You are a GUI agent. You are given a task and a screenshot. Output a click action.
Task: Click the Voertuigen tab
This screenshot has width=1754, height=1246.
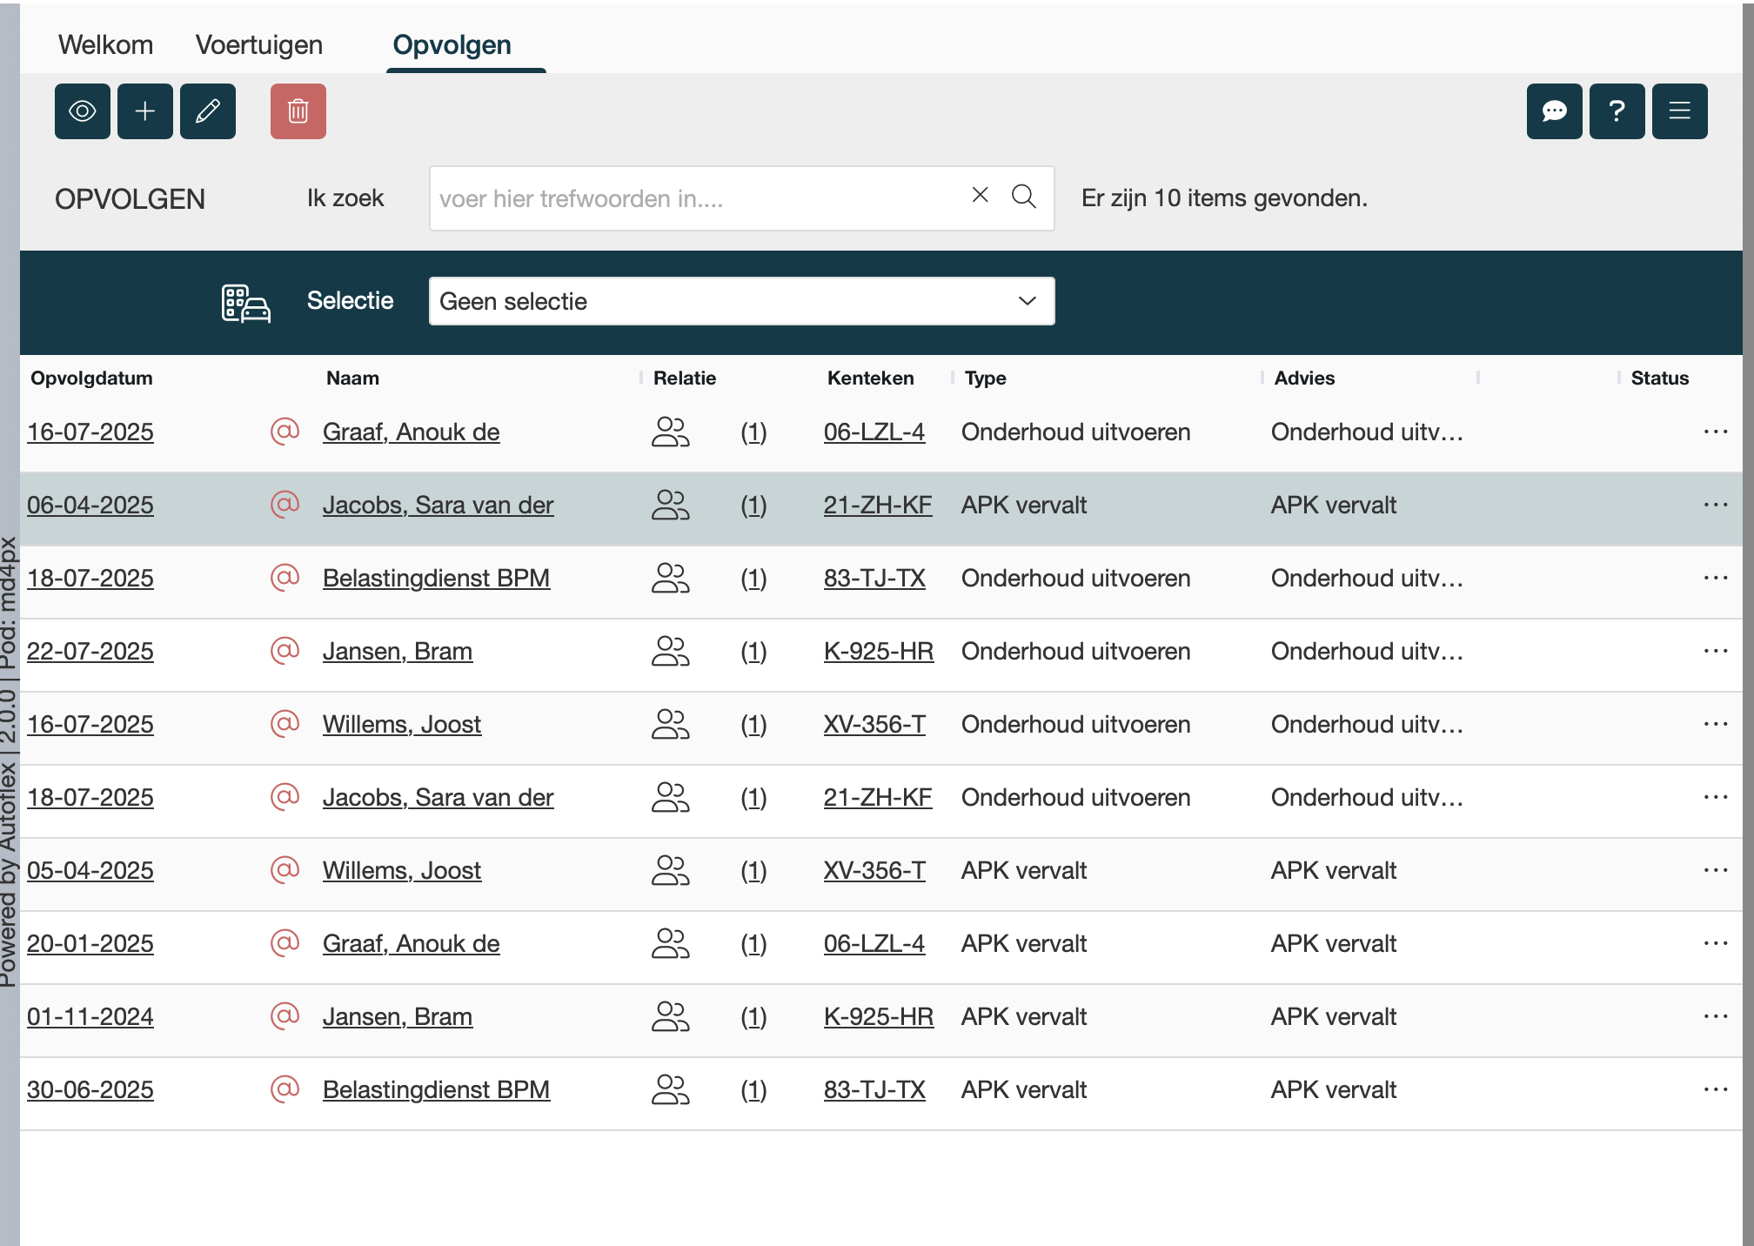pyautogui.click(x=258, y=44)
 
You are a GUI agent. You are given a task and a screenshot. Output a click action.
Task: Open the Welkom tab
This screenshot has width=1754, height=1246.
pyautogui.click(x=105, y=44)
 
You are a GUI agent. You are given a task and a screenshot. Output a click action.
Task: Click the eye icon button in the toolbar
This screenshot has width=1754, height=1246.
pyautogui.click(x=83, y=111)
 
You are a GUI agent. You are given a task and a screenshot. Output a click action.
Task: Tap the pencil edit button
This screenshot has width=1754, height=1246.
pyautogui.click(x=208, y=111)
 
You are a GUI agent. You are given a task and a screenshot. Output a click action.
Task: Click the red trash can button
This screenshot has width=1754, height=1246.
pyautogui.click(x=298, y=111)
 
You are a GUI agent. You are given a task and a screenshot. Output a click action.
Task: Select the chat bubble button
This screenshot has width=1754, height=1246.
pyautogui.click(x=1554, y=111)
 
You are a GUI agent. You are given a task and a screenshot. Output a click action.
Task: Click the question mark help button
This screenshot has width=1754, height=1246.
pyautogui.click(x=1617, y=111)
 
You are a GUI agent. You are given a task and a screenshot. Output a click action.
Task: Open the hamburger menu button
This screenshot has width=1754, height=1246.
pyautogui.click(x=1679, y=111)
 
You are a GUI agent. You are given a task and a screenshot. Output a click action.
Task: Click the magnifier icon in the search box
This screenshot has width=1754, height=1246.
pyautogui.click(x=1024, y=197)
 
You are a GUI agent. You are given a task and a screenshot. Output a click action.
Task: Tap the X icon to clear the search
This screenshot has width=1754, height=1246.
pyautogui.click(x=980, y=195)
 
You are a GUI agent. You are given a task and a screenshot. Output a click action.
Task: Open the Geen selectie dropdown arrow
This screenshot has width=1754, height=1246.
pyautogui.click(x=1027, y=301)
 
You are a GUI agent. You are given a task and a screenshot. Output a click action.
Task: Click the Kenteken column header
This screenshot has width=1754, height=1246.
pyautogui.click(x=870, y=378)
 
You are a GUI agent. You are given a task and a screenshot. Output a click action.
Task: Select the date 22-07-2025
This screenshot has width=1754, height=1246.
pyautogui.click(x=90, y=651)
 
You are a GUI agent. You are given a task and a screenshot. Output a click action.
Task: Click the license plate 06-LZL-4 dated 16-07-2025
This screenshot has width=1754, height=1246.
pyautogui.click(x=874, y=432)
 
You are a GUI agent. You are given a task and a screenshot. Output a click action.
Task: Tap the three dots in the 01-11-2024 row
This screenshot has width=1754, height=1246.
pyautogui.click(x=1715, y=1016)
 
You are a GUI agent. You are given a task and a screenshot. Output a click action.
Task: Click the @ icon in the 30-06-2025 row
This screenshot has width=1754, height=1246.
pyautogui.click(x=285, y=1089)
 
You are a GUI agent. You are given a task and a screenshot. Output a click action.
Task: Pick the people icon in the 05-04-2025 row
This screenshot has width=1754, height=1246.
pyautogui.click(x=670, y=870)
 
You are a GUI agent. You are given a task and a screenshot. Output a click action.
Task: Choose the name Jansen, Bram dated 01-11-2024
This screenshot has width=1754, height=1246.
pyautogui.click(x=398, y=1016)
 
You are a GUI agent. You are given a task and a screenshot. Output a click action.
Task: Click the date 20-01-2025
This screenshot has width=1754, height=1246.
pyautogui.click(x=90, y=943)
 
